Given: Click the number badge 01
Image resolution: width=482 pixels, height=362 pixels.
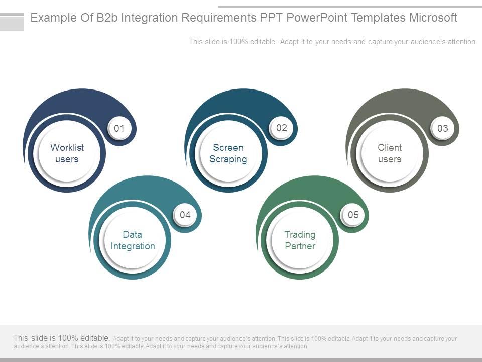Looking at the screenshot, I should click(119, 129).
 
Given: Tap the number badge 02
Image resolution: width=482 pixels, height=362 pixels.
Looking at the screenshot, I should click(281, 128).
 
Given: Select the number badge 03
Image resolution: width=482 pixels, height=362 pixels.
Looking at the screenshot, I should click(442, 129).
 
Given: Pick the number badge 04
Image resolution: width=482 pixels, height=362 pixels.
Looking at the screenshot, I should click(185, 215).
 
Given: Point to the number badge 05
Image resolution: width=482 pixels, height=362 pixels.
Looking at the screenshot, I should click(353, 215).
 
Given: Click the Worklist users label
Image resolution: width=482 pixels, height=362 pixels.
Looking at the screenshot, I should click(67, 153).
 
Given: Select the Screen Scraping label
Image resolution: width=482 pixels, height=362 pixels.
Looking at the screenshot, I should click(228, 153).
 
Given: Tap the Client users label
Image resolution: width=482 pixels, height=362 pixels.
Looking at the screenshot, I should click(390, 153).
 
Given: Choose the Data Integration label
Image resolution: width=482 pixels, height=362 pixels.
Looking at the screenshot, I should click(133, 240).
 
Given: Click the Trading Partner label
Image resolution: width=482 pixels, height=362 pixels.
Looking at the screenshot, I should click(300, 240).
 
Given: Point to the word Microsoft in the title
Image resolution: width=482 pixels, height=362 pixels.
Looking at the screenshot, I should click(433, 18).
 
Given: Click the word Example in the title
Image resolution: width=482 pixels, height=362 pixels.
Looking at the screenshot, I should click(50, 18).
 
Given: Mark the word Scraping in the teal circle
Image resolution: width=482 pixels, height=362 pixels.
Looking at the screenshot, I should click(228, 159).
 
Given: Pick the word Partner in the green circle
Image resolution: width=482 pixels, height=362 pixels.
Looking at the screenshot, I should click(300, 246).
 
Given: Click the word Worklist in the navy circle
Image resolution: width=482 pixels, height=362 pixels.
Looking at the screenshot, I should click(67, 148).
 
